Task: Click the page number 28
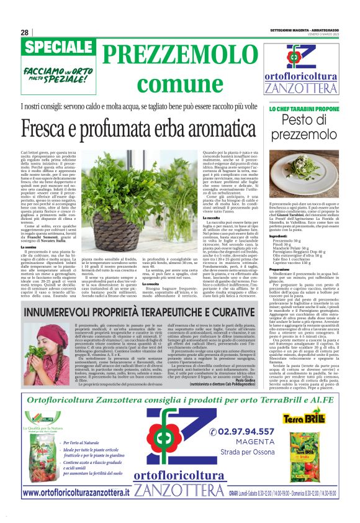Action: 24,33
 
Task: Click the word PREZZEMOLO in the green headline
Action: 168,54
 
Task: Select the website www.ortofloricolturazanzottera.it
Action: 76,492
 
